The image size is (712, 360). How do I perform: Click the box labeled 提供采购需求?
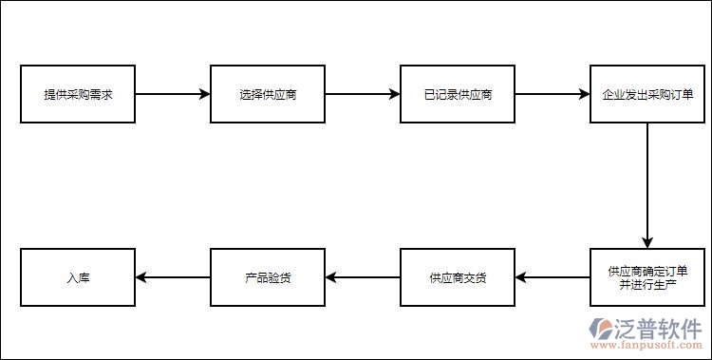point(79,95)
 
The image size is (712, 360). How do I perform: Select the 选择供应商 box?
point(268,95)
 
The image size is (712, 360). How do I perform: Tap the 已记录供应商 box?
point(458,95)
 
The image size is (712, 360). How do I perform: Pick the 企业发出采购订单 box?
point(647,95)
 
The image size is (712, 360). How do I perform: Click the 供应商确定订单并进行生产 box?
point(647,277)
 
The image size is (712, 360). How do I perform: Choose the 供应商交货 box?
point(458,277)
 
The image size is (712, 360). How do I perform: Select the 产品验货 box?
point(268,277)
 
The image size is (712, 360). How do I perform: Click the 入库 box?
point(79,277)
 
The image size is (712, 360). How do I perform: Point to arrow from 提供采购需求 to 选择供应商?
point(173,95)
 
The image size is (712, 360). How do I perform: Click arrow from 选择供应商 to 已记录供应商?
point(363,95)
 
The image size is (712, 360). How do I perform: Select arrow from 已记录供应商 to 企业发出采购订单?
point(553,95)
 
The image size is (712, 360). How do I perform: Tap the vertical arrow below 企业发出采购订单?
point(647,186)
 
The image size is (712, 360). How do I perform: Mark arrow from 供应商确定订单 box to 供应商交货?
point(553,277)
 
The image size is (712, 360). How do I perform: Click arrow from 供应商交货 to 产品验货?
point(363,277)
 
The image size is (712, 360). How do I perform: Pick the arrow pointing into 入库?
point(173,277)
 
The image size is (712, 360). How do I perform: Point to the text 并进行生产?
point(647,285)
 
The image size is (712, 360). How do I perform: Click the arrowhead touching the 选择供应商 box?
point(204,95)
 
